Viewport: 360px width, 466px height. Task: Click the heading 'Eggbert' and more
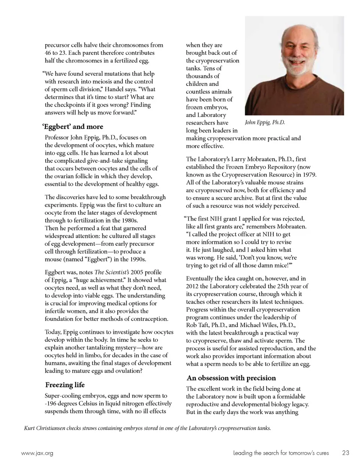point(73,126)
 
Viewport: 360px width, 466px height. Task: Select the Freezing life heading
point(65,385)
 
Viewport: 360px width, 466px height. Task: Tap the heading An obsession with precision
point(231,378)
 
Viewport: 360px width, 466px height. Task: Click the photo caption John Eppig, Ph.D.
point(265,122)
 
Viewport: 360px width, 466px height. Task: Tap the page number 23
point(345,453)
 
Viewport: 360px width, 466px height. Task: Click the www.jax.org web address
point(37,453)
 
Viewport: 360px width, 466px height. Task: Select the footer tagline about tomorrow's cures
point(281,453)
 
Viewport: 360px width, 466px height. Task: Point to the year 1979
point(308,174)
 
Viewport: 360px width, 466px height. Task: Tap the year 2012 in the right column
point(192,286)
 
